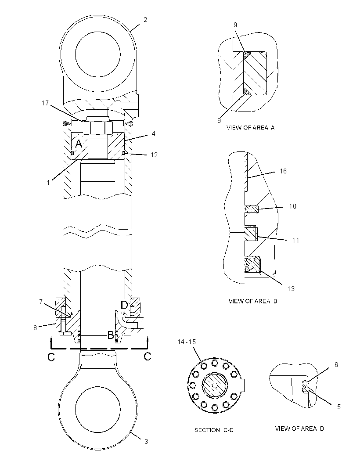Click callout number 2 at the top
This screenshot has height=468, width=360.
point(145,20)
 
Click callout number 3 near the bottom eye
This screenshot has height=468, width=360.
point(146,441)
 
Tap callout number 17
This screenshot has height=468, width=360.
point(45,103)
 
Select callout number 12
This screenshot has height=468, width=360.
point(154,155)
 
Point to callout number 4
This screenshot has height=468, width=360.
point(153,134)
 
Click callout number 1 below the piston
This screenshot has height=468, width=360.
point(48,182)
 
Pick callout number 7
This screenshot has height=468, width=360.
point(41,302)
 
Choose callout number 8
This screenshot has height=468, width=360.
point(35,328)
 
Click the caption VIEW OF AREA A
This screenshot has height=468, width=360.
point(250,128)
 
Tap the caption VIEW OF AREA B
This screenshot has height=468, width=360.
point(252,301)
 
